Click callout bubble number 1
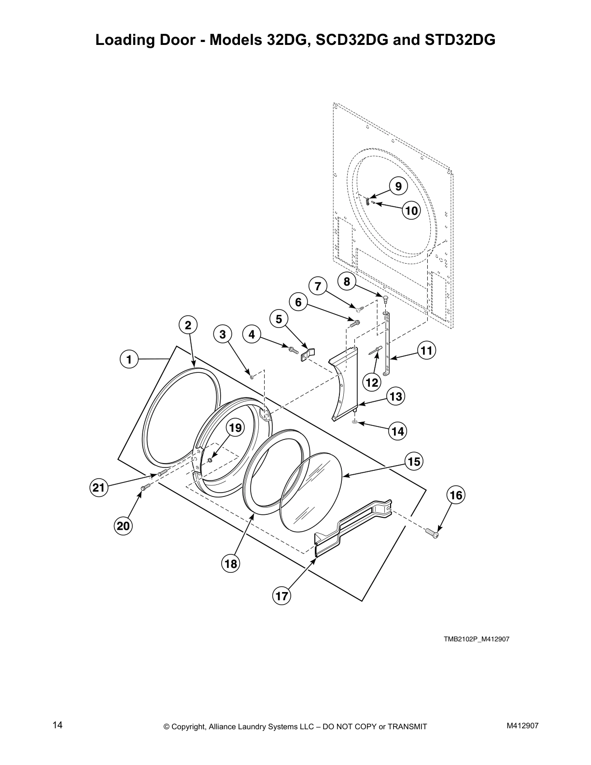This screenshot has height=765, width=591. [129, 359]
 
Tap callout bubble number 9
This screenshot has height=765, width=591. [398, 186]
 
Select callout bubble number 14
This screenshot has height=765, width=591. [398, 431]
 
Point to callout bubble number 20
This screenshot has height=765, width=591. [123, 525]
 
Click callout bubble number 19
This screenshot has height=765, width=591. [235, 428]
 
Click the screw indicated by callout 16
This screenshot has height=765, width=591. [432, 533]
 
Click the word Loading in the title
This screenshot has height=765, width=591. [125, 40]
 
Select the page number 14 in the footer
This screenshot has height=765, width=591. [57, 725]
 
